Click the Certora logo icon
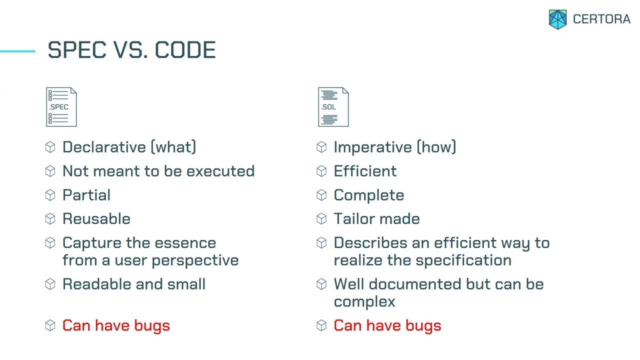pyautogui.click(x=558, y=19)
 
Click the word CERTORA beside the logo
pyautogui.click(x=601, y=19)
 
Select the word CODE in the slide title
pyautogui.click(x=185, y=50)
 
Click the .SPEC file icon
pyautogui.click(x=61, y=107)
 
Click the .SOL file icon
pyautogui.click(x=333, y=107)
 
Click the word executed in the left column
pyautogui.click(x=220, y=171)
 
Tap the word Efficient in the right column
pyautogui.click(x=365, y=171)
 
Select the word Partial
pyautogui.click(x=86, y=195)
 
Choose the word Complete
pyautogui.click(x=368, y=195)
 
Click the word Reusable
pyautogui.click(x=96, y=219)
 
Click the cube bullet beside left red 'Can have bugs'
pyautogui.click(x=50, y=325)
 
